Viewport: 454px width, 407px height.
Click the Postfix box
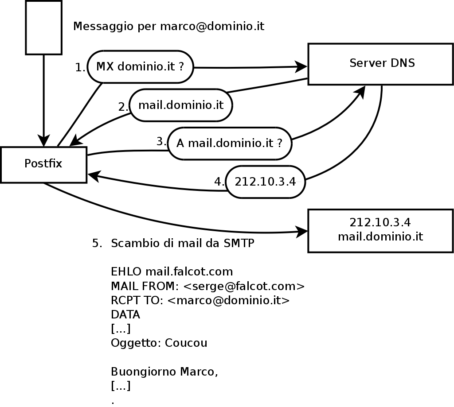tap(43, 164)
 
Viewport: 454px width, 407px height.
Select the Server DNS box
tap(381, 64)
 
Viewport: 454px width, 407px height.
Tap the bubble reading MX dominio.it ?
tap(141, 67)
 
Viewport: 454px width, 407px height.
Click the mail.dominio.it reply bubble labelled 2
tap(180, 105)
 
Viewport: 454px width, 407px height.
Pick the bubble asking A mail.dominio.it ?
tap(229, 143)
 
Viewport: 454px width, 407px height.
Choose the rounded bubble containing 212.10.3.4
tap(265, 182)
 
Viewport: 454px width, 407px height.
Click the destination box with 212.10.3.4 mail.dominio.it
tap(380, 231)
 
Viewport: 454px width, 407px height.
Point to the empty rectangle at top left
tap(43, 27)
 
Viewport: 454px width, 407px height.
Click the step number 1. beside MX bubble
tap(80, 67)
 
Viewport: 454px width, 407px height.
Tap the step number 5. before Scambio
tap(97, 244)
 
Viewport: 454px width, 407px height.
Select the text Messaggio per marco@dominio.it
tap(168, 27)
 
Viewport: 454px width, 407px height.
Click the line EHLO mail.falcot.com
tap(172, 271)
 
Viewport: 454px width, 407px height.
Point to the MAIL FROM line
tap(207, 286)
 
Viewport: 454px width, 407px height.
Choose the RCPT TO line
tap(200, 300)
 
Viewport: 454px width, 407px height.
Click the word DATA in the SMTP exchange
tap(125, 315)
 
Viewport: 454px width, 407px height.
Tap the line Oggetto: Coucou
tap(159, 343)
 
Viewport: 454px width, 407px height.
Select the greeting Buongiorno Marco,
tap(164, 372)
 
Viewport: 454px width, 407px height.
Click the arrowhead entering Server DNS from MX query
tap(302, 67)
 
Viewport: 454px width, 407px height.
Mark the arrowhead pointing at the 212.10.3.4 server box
tap(303, 231)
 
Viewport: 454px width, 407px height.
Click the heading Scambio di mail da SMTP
tap(182, 244)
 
